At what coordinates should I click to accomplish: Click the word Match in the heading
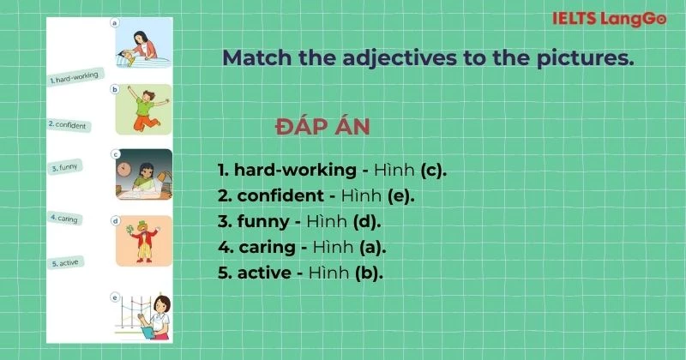coord(254,58)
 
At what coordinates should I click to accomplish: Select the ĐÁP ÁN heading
coord(322,127)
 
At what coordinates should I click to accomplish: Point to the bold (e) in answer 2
coord(400,195)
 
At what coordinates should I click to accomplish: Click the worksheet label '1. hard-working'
coord(75,78)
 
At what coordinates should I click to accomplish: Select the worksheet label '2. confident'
coord(69,125)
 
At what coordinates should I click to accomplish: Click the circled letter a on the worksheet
coord(115,23)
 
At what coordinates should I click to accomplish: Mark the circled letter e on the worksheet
coord(115,297)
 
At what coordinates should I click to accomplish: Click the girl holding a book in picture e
coord(156,318)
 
